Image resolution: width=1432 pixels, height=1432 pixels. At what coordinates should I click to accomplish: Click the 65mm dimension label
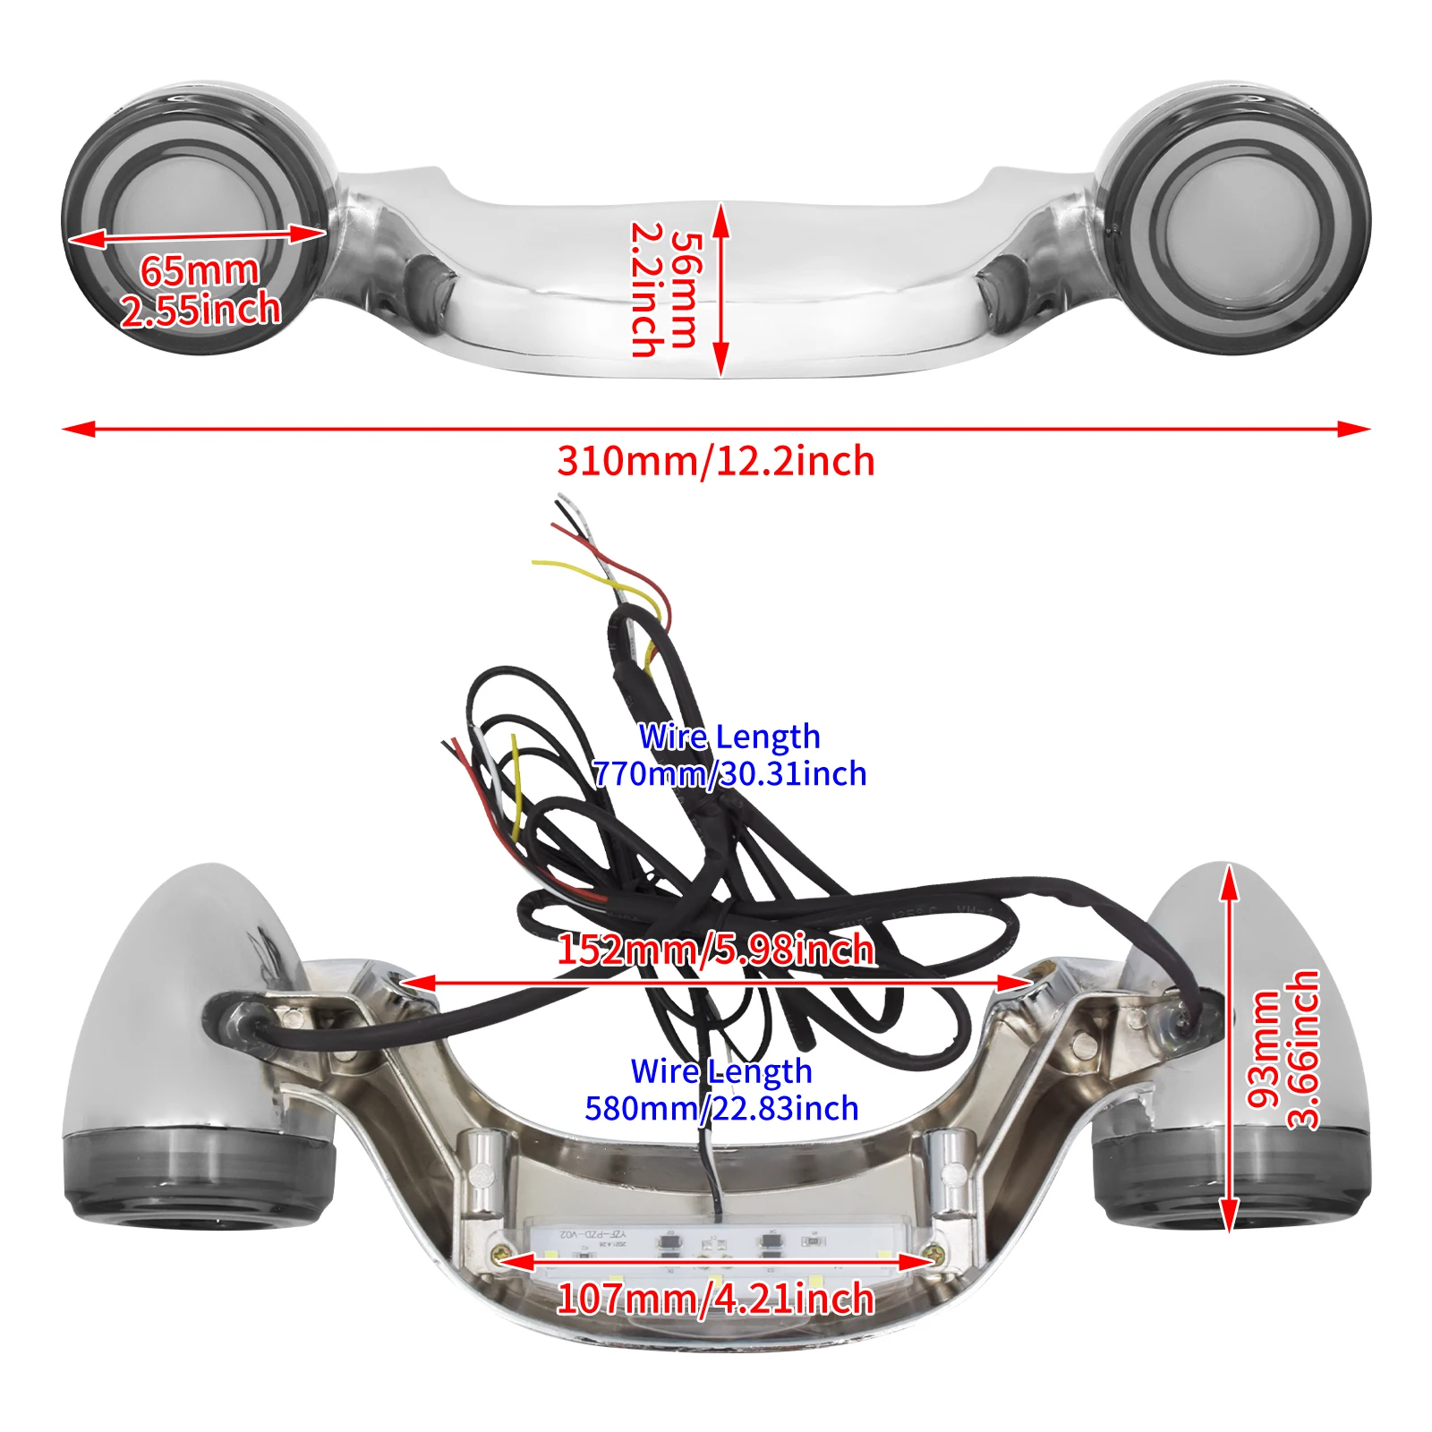point(199,270)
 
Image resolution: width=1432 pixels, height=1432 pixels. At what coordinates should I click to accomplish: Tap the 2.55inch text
point(200,311)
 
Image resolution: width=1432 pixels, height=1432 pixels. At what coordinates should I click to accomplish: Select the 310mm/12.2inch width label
point(716,461)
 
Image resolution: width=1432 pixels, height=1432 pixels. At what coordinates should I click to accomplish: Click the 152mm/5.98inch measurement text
point(716,950)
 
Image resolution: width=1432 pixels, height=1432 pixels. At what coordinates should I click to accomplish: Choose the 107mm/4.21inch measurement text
point(716,1299)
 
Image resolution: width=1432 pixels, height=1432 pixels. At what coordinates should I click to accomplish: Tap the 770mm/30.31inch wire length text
point(729,774)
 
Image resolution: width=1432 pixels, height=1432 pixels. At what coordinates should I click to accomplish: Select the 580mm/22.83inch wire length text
point(721,1109)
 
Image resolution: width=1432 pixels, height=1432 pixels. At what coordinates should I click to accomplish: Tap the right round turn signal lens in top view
point(1239,217)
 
